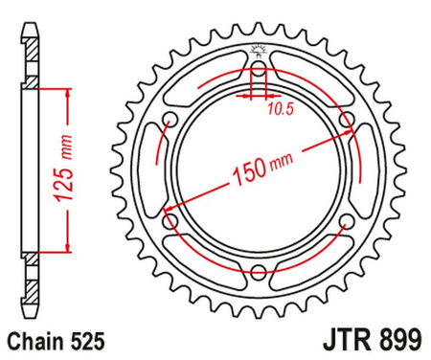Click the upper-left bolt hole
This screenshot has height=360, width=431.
(170, 119)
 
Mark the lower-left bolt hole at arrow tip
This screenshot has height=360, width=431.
(170, 219)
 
